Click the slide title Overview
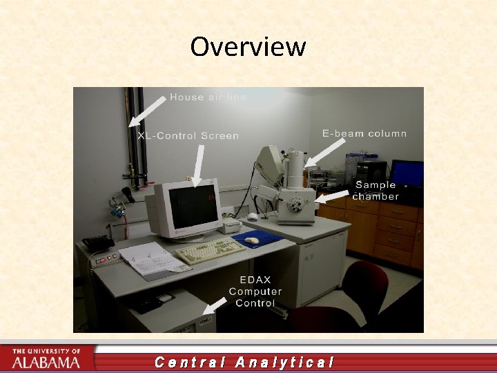[x=248, y=47]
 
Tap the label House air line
[x=207, y=97]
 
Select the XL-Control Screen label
[x=188, y=136]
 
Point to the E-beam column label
[x=364, y=133]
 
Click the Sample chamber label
[x=376, y=190]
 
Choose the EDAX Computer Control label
[x=255, y=291]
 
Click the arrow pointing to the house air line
[x=147, y=111]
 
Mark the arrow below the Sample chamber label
[x=331, y=198]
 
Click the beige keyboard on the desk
[x=209, y=251]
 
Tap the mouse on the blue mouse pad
[x=253, y=240]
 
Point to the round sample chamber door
[x=299, y=204]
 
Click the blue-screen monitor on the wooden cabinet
[x=407, y=173]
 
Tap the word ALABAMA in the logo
[x=46, y=362]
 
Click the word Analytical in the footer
[x=284, y=362]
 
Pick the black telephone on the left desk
[x=97, y=243]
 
